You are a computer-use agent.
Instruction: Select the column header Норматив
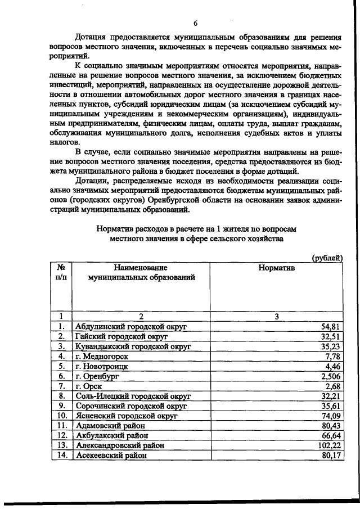click(x=276, y=268)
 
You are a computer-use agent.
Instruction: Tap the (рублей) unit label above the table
click(x=327, y=258)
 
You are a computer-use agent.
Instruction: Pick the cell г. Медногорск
click(x=102, y=357)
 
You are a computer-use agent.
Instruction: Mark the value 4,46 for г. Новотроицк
click(x=334, y=367)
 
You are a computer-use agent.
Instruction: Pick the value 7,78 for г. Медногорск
click(x=334, y=357)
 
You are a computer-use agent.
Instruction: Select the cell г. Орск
click(x=90, y=387)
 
